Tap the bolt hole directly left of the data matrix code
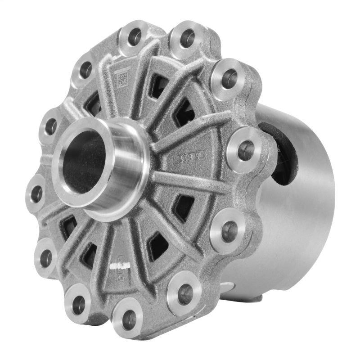[x=85, y=70]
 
